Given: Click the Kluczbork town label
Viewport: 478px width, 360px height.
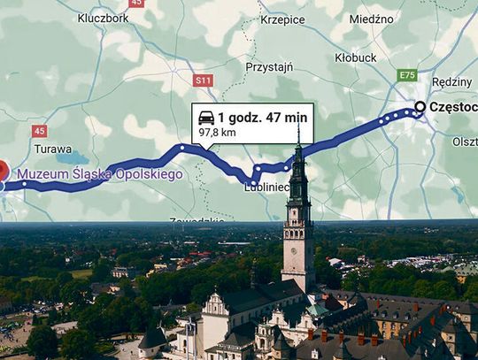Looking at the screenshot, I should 103,17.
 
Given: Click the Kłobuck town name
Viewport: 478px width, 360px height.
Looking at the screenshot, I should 356,57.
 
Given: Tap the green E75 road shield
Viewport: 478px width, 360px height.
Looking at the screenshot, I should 406,76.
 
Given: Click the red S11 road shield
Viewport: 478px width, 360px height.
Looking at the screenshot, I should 204,80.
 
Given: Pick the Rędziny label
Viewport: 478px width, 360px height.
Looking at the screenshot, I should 452,81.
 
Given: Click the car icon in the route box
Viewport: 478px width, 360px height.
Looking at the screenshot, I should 205,117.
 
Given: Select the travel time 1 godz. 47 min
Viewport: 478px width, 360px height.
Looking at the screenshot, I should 263,117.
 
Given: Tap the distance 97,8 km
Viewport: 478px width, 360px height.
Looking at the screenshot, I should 217,132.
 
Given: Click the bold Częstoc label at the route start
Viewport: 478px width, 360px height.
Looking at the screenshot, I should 452,107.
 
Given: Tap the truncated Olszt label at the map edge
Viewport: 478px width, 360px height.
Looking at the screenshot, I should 464,140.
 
